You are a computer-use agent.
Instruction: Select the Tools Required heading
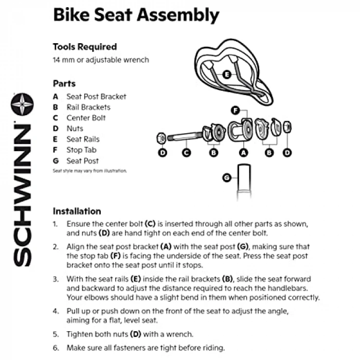(84, 47)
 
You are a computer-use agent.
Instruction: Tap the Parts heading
(64, 83)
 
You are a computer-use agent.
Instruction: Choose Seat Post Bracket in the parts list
(96, 96)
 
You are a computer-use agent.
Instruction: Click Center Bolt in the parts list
(86, 118)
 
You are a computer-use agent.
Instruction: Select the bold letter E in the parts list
(55, 139)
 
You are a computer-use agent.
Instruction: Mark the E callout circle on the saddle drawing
(227, 75)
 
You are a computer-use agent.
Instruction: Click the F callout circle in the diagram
(236, 110)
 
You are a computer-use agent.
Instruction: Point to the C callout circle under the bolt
(187, 152)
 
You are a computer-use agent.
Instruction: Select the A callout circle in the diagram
(244, 152)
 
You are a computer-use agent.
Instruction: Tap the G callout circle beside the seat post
(227, 177)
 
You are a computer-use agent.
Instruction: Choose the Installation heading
(77, 211)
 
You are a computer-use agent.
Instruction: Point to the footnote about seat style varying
(89, 171)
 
